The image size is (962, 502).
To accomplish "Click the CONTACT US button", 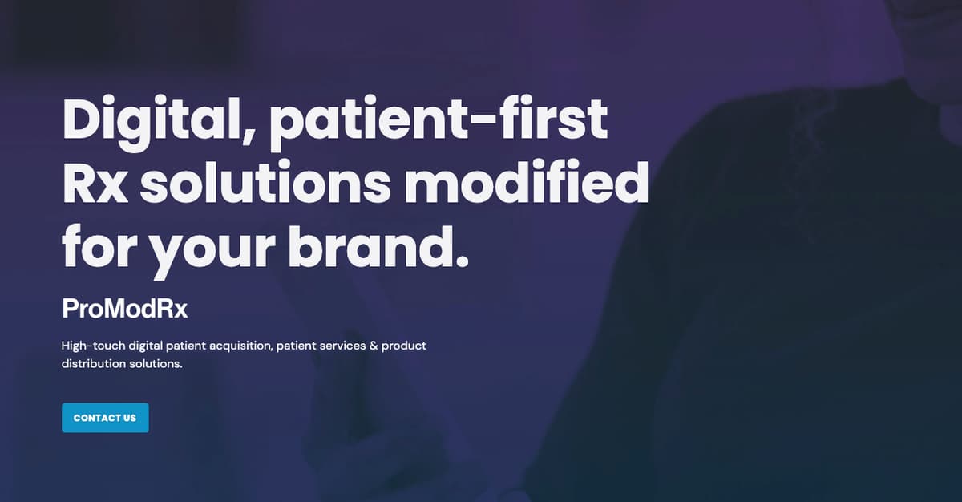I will pos(105,418).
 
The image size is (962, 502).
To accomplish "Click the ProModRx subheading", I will pos(124,309).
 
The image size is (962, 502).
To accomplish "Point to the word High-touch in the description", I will pos(91,346).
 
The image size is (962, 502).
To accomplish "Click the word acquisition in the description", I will pos(240,346).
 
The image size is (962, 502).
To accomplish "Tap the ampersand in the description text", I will pos(373,346).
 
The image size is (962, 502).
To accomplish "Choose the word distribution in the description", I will pos(91,364).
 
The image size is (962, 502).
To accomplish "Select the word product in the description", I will pos(404,346).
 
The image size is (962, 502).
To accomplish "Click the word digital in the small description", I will pos(143,346).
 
